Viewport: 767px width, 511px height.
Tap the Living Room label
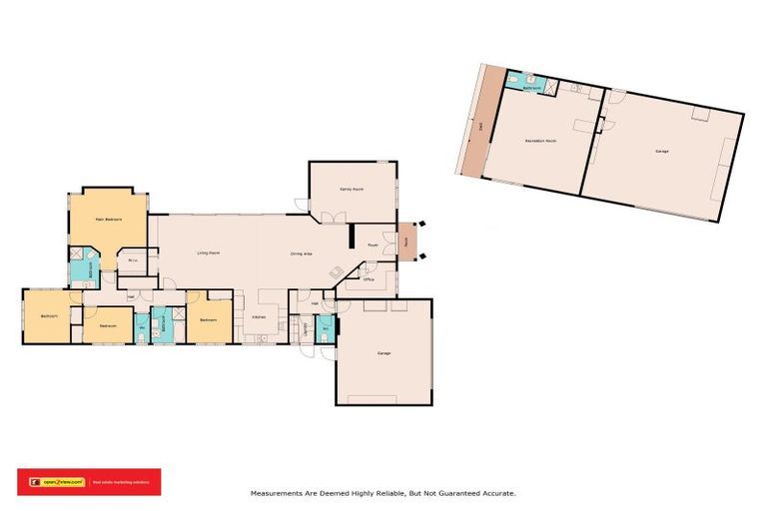click(x=208, y=254)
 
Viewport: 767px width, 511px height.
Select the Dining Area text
click(x=302, y=254)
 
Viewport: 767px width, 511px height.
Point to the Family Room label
click(x=352, y=189)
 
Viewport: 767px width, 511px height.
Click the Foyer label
click(x=372, y=244)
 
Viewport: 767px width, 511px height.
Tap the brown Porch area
click(x=407, y=242)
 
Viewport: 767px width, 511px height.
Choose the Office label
click(x=369, y=279)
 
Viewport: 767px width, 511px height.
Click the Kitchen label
click(x=258, y=318)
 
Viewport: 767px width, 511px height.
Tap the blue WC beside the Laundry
click(x=326, y=328)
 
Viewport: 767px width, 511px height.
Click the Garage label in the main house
click(x=383, y=353)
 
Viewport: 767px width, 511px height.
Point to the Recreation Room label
click(x=539, y=141)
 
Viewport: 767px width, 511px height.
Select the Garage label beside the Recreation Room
click(x=661, y=151)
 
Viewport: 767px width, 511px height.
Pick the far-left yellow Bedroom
click(x=48, y=316)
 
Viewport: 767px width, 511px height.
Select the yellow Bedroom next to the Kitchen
click(x=208, y=319)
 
